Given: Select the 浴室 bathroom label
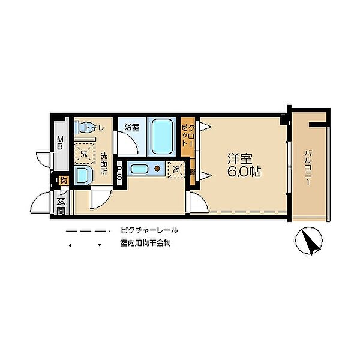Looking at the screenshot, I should tap(132, 127).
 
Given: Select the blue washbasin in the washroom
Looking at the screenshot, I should tap(82, 176).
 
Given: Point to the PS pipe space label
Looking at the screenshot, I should tap(120, 173).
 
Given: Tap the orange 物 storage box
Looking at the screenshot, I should tap(63, 181).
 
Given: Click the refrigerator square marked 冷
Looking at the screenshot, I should tap(177, 169).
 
